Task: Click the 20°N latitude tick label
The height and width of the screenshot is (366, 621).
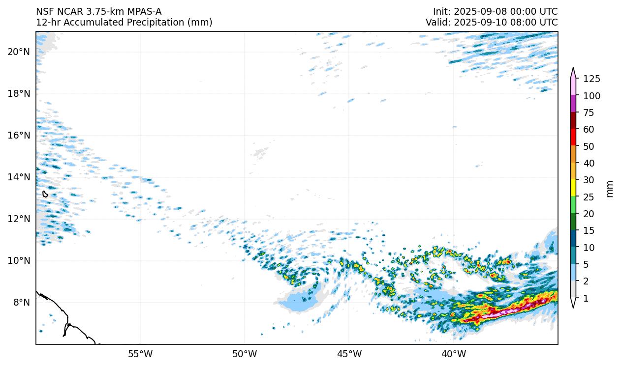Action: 19,52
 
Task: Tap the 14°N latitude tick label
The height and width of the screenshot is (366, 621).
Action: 19,177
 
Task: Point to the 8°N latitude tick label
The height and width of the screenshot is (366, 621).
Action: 21,302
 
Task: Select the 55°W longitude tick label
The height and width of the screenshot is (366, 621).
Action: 140,354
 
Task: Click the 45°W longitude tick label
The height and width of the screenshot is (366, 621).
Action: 349,354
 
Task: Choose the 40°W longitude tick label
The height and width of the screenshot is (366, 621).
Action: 453,354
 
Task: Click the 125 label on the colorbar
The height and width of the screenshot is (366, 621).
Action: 591,79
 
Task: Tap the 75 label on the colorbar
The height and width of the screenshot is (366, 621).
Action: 590,113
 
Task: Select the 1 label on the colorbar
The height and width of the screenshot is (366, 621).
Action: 586,298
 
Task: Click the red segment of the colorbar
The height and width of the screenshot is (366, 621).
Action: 573,138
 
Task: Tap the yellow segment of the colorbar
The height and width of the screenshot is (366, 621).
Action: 573,188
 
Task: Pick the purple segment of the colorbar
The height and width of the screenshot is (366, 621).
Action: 573,104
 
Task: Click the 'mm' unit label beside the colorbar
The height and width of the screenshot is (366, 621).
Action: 610,189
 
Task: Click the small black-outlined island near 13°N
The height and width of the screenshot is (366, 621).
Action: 45,194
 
